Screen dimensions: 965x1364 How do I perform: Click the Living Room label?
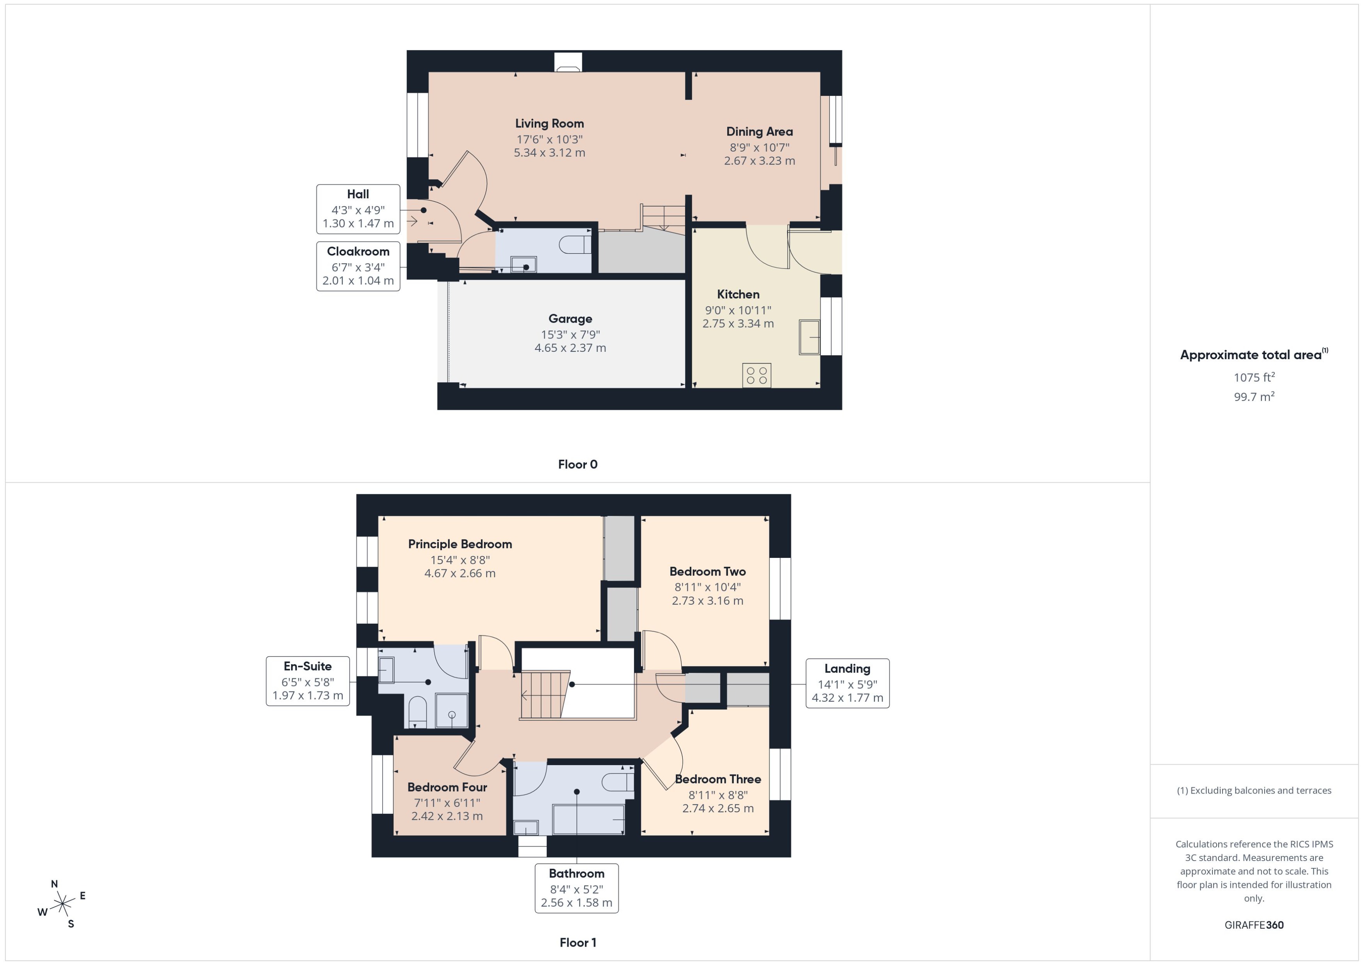[x=549, y=123]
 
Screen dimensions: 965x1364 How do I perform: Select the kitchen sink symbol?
[x=809, y=337]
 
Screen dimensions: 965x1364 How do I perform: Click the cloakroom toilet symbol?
[x=574, y=244]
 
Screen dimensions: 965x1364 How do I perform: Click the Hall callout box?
[x=358, y=208]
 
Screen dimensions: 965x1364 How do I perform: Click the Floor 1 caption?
[x=577, y=942]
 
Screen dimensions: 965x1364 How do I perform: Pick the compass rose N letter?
[x=54, y=884]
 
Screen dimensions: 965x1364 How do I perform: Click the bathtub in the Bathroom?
[x=588, y=819]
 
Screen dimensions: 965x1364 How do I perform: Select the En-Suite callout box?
[x=307, y=680]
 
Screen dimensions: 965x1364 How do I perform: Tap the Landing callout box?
[x=847, y=683]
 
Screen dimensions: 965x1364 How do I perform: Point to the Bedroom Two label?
[x=707, y=572]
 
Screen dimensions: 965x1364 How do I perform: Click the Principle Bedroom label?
[x=459, y=544]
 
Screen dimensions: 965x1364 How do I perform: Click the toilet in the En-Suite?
[x=418, y=709]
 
